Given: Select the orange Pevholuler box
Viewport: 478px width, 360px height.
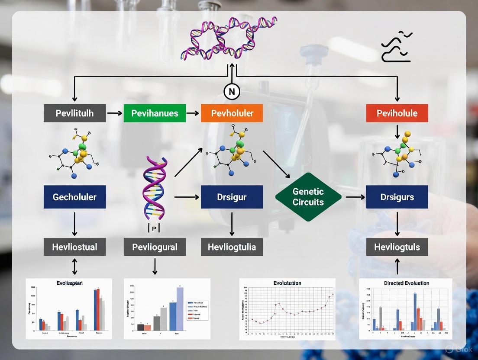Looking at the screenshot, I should (x=232, y=113).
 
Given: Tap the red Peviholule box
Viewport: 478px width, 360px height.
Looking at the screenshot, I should (x=397, y=113).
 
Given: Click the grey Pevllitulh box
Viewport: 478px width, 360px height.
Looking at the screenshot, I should (x=74, y=113).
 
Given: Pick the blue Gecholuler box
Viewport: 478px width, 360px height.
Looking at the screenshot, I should (x=74, y=197).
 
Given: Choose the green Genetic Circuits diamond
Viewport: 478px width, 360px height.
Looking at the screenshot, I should (x=308, y=197).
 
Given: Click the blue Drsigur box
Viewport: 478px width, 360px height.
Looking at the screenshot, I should (x=232, y=197).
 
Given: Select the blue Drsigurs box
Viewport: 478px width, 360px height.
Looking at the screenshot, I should (x=397, y=197).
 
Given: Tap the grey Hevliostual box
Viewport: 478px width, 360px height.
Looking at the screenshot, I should (x=74, y=247).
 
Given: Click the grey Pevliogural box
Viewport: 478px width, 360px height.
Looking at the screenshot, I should (x=155, y=247).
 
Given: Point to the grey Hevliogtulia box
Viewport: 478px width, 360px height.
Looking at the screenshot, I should (x=232, y=247).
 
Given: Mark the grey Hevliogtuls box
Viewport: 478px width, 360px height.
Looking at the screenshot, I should (x=397, y=247).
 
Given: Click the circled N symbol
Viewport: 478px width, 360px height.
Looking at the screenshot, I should (x=232, y=91).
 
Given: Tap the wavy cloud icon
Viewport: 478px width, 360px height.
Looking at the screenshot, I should (x=396, y=47).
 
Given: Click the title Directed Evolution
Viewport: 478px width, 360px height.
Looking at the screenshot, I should (x=406, y=283).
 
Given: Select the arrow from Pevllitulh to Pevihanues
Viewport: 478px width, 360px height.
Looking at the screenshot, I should (x=115, y=113).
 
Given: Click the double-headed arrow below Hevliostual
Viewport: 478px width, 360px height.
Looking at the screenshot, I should (x=74, y=266).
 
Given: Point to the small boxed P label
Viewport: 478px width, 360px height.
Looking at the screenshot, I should (x=155, y=228).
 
